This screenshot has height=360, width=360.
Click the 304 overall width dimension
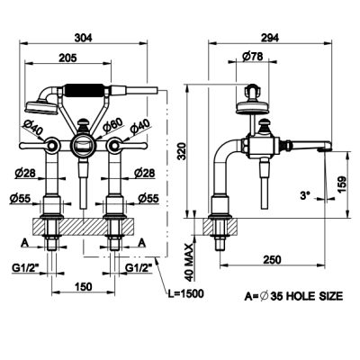coord(84,38)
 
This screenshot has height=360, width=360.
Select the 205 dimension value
coord(67,58)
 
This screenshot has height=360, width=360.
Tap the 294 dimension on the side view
coord(270,38)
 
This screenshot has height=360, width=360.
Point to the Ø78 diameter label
coord(252,56)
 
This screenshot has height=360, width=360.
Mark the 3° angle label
coord(305,195)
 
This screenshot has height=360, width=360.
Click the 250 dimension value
coord(272,259)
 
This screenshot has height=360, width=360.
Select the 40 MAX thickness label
coord(189,263)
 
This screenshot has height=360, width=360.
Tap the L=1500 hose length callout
coord(185,293)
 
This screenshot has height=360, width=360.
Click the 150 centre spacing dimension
coord(83,286)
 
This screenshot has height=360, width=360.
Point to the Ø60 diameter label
coord(112,125)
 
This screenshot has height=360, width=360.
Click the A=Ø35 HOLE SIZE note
coord(293,296)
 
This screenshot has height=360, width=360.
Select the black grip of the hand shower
coord(85,90)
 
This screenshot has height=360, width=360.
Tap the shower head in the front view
coord(41,108)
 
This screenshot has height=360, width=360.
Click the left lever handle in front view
coord(38,146)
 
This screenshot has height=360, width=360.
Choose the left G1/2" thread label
coord(25,268)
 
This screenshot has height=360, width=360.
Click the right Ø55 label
coord(148,198)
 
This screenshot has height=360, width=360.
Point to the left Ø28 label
coord(25,173)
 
